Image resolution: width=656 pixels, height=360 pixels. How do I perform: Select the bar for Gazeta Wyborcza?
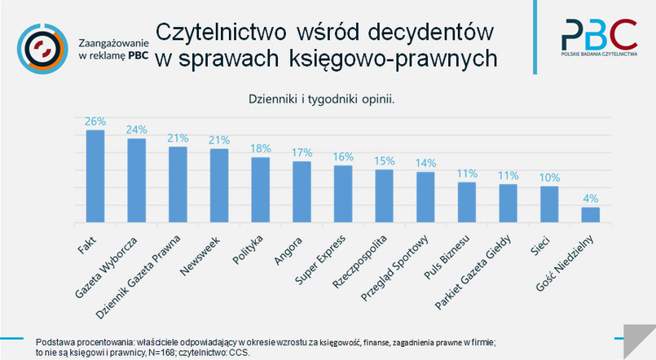136,180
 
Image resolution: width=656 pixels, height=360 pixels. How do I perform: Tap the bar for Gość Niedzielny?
590,214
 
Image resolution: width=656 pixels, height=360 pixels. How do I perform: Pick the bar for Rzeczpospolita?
384,195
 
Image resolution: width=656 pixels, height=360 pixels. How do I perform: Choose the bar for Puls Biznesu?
467,202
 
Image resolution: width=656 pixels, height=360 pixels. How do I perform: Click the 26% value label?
95,121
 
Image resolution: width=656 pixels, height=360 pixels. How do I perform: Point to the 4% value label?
590,198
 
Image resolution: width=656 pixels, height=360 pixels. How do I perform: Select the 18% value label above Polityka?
260,148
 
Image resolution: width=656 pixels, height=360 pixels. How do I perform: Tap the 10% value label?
549,177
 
